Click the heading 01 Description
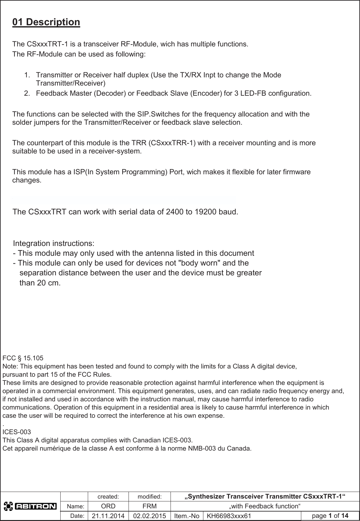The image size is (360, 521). [x=46, y=22]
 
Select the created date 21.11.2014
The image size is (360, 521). [x=108, y=516]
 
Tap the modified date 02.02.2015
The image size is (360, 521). [x=149, y=516]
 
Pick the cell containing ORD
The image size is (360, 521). [x=108, y=506]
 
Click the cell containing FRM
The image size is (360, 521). [x=149, y=506]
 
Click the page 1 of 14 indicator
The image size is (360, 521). [x=330, y=516]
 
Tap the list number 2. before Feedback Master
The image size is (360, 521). [x=27, y=93]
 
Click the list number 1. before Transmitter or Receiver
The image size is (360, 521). [x=27, y=75]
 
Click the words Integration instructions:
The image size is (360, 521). [x=53, y=244]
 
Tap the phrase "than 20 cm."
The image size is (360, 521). [x=40, y=283]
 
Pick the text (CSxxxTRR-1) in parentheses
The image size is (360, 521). [x=172, y=143]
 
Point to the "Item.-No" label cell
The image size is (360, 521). [x=187, y=516]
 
